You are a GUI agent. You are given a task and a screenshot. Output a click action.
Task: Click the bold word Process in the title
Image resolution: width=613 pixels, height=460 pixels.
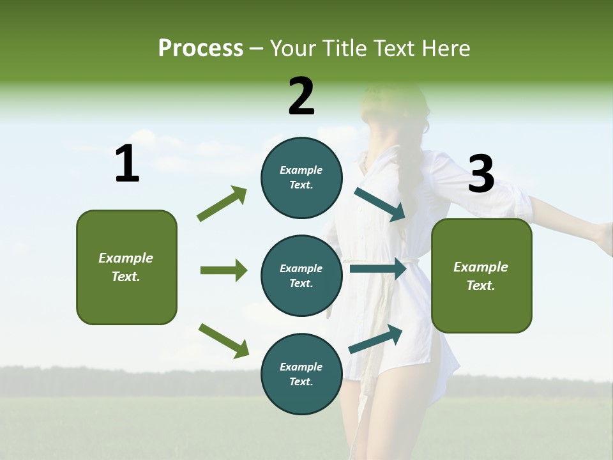coord(201,48)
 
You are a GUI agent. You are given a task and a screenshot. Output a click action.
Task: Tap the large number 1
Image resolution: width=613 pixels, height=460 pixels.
coord(127,164)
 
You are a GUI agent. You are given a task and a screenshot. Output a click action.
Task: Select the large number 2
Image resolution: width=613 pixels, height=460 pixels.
coord(301,96)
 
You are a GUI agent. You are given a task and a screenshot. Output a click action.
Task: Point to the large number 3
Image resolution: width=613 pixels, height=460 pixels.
coord(481,174)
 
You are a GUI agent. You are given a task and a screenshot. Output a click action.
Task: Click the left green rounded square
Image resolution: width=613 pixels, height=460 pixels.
coord(126,267)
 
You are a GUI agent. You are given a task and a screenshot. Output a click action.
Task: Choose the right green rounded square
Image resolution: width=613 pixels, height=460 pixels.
coord(481,276)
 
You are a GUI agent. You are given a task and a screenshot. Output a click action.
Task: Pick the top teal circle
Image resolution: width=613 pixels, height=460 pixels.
coord(301,178)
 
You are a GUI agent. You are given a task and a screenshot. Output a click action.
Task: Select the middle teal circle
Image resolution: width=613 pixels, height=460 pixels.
coord(301,276)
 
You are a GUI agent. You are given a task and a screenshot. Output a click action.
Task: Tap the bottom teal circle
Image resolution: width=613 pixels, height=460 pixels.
coord(301,374)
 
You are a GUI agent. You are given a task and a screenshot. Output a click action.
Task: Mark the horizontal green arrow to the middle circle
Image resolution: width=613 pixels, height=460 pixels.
coord(223,270)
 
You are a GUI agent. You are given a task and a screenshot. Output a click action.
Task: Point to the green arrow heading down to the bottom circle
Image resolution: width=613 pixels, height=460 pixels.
coord(223,340)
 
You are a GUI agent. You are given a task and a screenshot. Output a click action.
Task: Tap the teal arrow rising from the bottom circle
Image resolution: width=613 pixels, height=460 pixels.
coord(375,339)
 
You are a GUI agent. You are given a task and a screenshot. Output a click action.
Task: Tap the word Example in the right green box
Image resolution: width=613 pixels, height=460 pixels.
coord(481,267)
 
